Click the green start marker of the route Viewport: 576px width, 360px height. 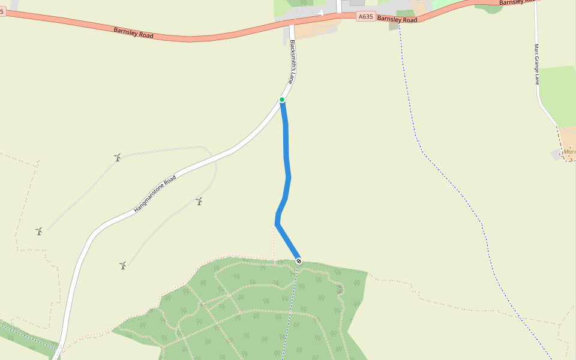[282, 100]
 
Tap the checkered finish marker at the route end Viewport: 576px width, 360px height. [298, 260]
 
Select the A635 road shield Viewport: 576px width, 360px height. [365, 17]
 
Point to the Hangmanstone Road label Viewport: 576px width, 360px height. [155, 194]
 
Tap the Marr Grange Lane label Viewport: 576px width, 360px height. [537, 64]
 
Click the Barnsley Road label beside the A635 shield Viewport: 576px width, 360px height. [397, 19]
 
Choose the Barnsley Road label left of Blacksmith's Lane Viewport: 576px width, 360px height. [133, 32]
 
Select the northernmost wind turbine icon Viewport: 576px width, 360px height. [118, 158]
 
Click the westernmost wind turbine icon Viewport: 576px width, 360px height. [39, 231]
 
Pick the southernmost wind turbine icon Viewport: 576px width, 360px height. [122, 265]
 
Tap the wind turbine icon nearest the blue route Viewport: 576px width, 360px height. [199, 202]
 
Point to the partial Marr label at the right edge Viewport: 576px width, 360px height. [569, 152]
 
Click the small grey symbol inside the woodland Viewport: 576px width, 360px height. [340, 290]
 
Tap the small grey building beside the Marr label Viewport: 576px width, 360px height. [556, 155]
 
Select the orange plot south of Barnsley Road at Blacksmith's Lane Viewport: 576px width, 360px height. [315, 29]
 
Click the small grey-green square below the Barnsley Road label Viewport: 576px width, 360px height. [394, 26]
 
